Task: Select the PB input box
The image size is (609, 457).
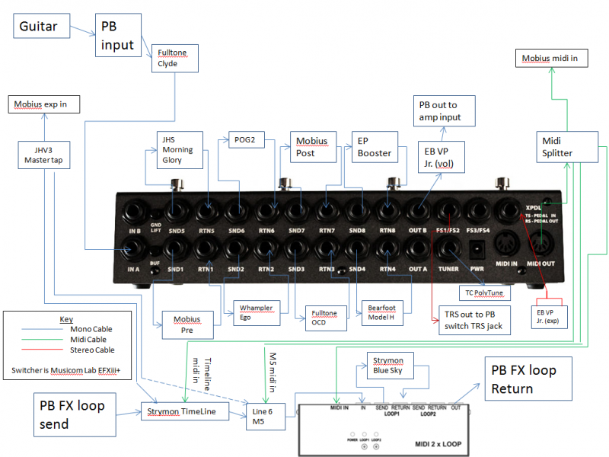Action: [x=118, y=35]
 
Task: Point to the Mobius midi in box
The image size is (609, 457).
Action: [x=551, y=58]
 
